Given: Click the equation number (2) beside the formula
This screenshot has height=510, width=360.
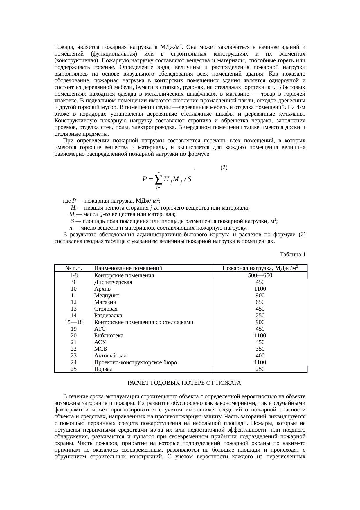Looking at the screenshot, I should (224, 167).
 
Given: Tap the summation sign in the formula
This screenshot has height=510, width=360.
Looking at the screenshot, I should (159, 179).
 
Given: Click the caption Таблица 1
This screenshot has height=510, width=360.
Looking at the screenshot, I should (292, 255).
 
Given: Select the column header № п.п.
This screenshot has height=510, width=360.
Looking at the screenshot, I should (74, 268).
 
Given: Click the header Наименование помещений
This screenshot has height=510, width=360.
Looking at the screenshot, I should (128, 268).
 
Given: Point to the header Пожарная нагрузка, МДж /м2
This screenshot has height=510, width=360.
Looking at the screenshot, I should (260, 268).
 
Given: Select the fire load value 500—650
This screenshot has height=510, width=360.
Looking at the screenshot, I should (260, 275).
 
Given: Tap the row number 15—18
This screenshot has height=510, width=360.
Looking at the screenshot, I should (74, 322).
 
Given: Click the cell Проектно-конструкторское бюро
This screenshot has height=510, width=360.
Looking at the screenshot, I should (135, 362).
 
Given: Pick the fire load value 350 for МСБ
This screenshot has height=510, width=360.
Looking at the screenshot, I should (260, 349).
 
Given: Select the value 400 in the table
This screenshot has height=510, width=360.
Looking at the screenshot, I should (260, 356).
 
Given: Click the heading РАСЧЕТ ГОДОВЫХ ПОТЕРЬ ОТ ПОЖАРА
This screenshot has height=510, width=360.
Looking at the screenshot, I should (184, 383).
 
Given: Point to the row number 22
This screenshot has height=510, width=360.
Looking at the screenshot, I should (74, 349).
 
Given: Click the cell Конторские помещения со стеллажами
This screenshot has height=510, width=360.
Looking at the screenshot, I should (144, 322).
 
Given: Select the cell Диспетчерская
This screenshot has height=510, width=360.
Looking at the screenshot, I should (113, 282).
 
